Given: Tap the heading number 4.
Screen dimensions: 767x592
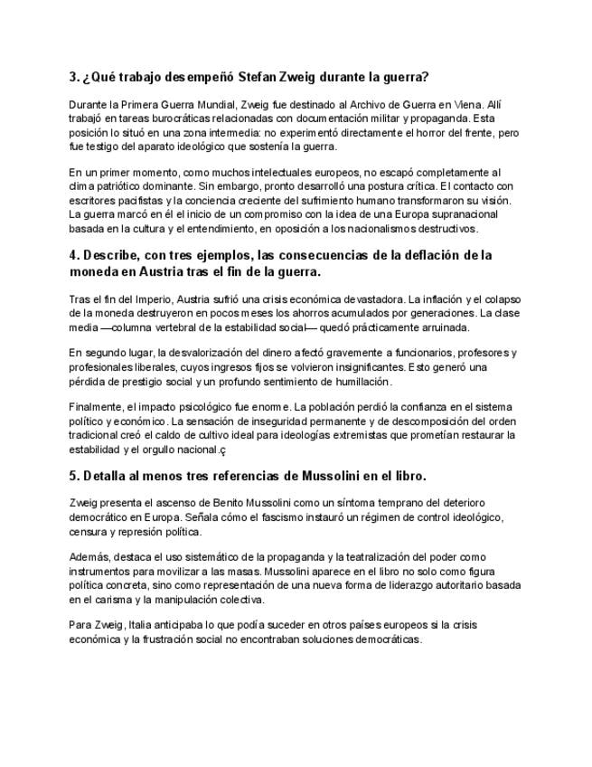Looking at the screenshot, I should coord(73,255).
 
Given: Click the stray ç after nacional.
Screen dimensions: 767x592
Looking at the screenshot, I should coord(222,450).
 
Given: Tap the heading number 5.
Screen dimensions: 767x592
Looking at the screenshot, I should coord(73,476).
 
